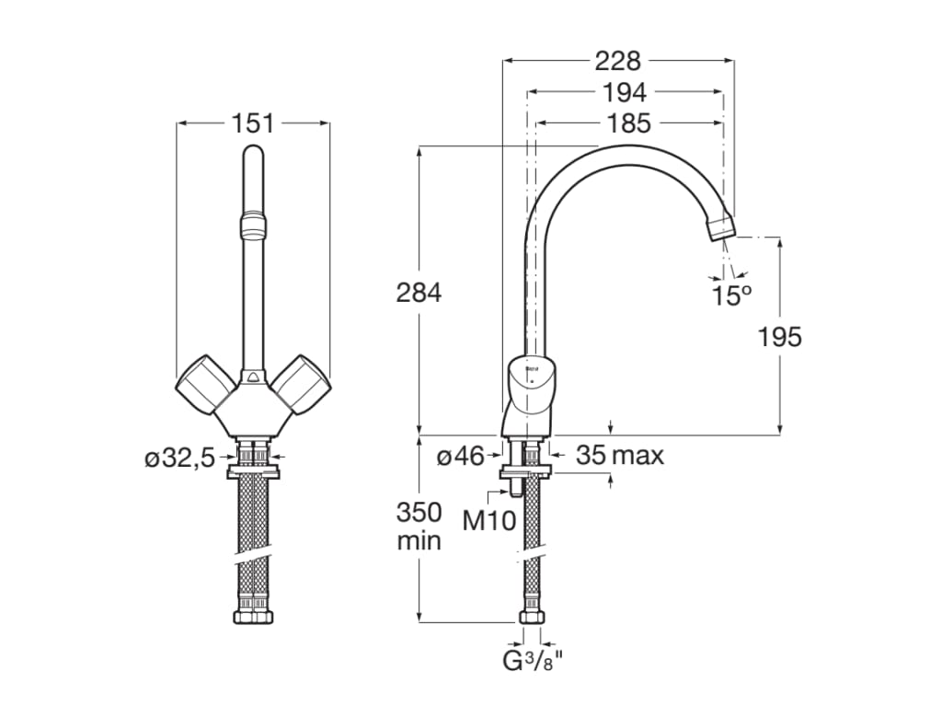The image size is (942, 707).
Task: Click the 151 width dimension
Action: click(253, 122)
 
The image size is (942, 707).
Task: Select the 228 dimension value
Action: click(617, 61)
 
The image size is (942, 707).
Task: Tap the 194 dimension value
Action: click(626, 92)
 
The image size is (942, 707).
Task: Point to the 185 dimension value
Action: click(628, 122)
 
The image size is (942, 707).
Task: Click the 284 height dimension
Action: click(419, 293)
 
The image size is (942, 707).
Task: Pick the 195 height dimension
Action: click(780, 337)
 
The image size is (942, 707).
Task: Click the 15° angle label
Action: click(731, 296)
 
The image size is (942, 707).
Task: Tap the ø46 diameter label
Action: click(460, 456)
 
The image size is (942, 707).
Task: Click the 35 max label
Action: click(619, 455)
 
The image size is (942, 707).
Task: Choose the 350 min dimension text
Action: click(419, 527)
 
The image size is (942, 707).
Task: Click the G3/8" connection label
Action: click(533, 660)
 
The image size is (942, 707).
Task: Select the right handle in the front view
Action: click(303, 385)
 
